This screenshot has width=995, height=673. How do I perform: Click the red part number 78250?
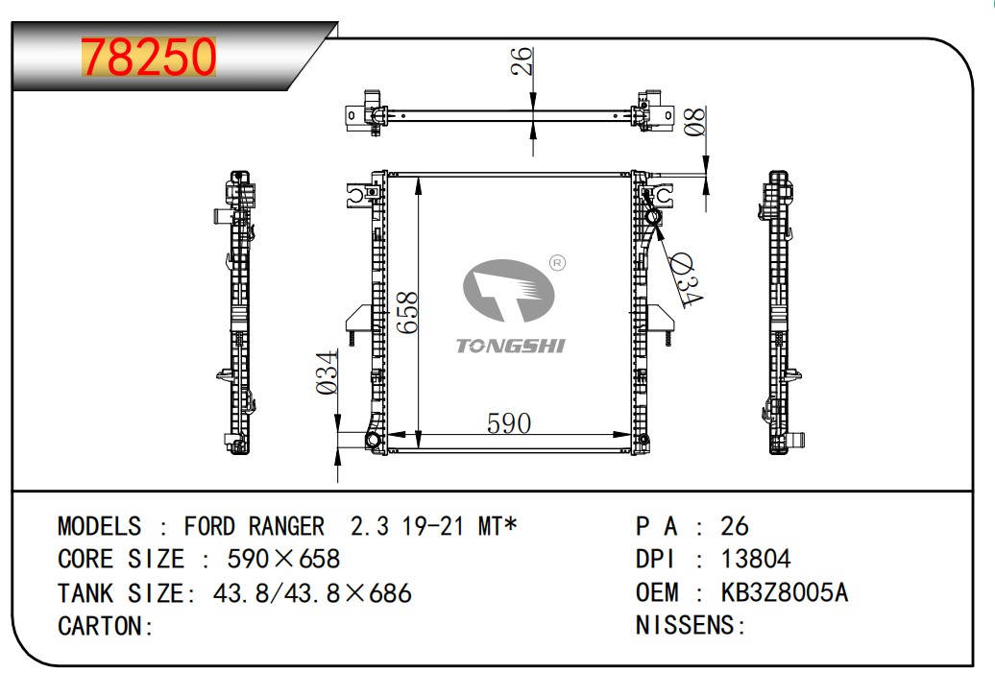tap(149, 57)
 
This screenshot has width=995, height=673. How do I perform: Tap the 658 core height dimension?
tap(407, 312)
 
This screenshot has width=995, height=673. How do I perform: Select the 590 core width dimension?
tap(509, 423)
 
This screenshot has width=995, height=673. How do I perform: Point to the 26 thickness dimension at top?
tap(522, 60)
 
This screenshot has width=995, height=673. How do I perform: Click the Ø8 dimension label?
tap(694, 122)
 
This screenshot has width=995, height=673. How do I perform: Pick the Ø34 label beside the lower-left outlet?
tap(328, 373)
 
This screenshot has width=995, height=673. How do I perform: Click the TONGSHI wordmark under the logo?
tap(511, 346)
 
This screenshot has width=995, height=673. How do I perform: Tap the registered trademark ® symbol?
tap(557, 263)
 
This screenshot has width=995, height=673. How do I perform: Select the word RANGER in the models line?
tap(286, 526)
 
